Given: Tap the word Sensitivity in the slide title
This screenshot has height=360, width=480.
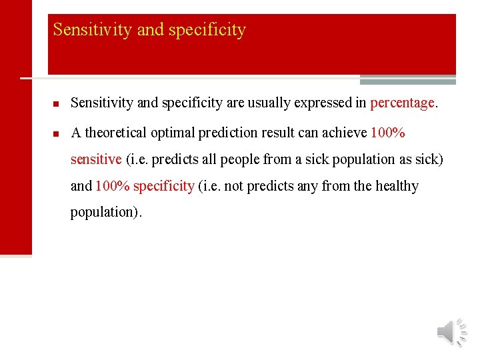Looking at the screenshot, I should pos(85,30).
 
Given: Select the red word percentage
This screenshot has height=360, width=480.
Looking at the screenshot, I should pos(402,103).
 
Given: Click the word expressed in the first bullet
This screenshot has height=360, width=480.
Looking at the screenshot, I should pos(325,103).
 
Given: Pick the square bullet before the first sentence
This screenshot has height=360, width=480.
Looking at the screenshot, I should pos(57,104).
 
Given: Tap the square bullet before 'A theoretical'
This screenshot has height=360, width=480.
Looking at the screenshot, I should pos(57,133).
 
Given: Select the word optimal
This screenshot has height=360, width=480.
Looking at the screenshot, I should pos(173,133).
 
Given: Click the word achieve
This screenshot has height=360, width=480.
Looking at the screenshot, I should pos(343,133).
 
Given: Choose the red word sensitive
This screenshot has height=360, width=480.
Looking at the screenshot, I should pos(96,159).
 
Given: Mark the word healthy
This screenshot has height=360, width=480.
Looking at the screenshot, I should pos(397,186).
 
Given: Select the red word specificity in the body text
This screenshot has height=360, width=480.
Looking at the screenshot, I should pos(163,186).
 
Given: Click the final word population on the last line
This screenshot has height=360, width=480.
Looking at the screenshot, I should pos(104,213).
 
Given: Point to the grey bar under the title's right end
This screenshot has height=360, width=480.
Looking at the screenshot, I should pos(407,81).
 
